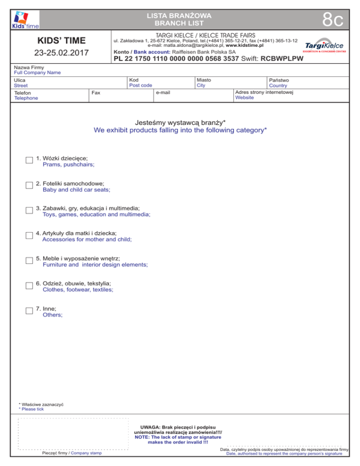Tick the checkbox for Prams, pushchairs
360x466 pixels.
click(29, 161)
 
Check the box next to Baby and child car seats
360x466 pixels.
click(29, 186)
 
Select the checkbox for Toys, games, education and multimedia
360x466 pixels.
click(29, 211)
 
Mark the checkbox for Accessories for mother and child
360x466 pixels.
click(29, 236)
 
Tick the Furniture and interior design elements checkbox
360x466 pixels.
click(29, 261)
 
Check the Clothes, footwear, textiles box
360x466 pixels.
click(29, 286)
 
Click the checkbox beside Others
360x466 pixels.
click(29, 312)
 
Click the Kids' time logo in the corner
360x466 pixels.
click(26, 20)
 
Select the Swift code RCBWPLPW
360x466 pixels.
click(282, 59)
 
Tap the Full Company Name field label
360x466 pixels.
click(37, 73)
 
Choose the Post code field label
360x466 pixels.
click(141, 85)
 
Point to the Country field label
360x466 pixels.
click(278, 86)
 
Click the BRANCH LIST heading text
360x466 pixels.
click(180, 23)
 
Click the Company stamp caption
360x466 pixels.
click(86, 453)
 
